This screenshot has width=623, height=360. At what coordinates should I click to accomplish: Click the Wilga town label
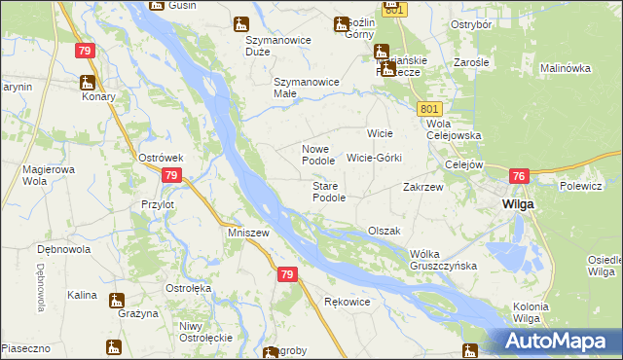pos(515,204)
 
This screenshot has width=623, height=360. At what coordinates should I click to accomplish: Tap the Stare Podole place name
pos(329,192)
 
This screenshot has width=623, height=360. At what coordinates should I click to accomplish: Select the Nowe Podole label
pos(318,154)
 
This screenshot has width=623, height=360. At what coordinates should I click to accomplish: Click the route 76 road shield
pos(518,176)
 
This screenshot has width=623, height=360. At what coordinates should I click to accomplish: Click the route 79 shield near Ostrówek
pos(171,175)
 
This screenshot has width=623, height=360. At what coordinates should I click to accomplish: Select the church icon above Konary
pos(88,82)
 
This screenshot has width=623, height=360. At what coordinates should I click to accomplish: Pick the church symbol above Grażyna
pos(117,300)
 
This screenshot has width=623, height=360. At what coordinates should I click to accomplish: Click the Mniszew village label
pos(247,234)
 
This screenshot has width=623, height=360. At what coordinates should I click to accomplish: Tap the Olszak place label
pos(385,231)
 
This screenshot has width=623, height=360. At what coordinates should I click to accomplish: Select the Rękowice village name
pos(347,302)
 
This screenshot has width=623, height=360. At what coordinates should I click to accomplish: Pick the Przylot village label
pos(157,205)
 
